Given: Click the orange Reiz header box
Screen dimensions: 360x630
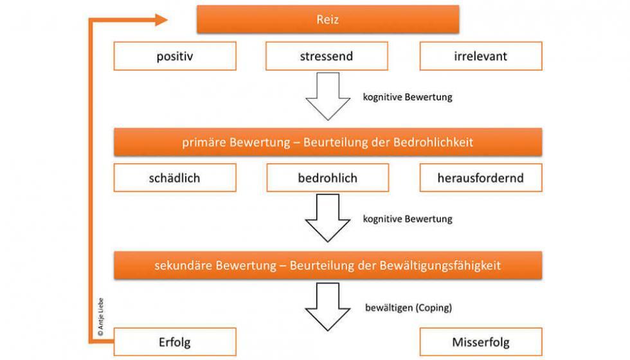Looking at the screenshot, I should click(328, 19).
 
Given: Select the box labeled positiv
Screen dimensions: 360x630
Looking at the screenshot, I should click(175, 57).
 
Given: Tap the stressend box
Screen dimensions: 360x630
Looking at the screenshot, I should click(327, 57).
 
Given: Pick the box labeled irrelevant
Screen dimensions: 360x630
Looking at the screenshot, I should click(481, 57).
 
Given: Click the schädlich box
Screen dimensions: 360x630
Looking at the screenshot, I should click(175, 178).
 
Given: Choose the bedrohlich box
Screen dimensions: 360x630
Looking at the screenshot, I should click(328, 178).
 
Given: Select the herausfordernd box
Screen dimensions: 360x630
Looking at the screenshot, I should click(481, 178).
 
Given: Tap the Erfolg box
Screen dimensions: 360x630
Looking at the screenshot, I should click(175, 341).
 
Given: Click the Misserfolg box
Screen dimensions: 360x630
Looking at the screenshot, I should click(481, 341).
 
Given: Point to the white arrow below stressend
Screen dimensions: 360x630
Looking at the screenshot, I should click(328, 96).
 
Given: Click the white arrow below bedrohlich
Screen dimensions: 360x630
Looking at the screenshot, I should click(328, 218).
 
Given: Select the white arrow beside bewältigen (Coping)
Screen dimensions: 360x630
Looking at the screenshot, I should click(328, 305).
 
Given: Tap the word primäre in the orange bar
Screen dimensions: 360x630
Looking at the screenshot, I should click(202, 143).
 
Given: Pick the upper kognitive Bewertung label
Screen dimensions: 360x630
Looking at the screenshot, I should click(408, 98).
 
